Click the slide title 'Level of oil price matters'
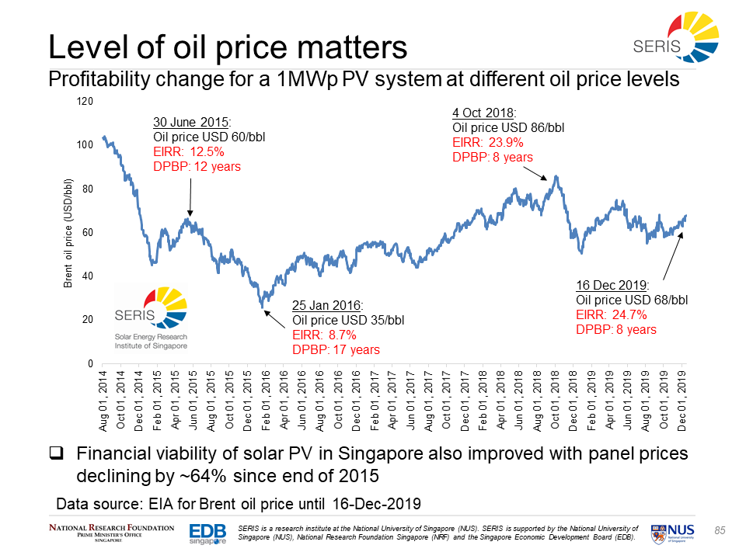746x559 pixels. pos(228,47)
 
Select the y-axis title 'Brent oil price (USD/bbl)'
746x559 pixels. pos(68,232)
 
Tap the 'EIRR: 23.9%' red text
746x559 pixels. pos(487,143)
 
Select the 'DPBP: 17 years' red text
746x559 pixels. pos(336,349)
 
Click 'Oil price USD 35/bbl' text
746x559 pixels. pos(348,320)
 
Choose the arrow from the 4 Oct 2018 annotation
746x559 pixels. pos(549,170)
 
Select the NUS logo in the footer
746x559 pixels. pos(676,531)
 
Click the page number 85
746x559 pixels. pos(720,530)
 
